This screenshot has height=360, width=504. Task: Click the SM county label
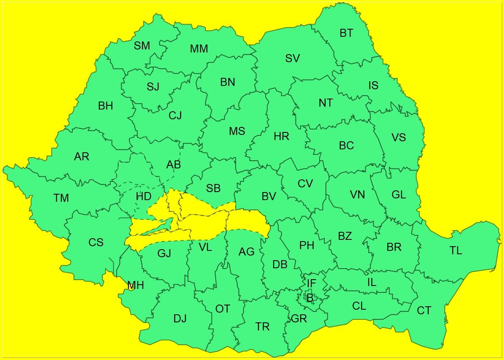point(142,46)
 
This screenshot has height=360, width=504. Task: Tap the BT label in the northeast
point(346,33)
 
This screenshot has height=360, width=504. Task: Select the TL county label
point(456,251)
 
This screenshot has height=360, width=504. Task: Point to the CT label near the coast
point(424,311)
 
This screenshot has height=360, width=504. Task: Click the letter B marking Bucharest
point(310,298)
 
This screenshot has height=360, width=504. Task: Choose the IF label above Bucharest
point(311,283)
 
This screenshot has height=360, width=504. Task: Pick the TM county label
point(61,198)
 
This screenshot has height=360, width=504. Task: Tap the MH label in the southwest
point(135,286)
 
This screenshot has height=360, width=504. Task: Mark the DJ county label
point(180,319)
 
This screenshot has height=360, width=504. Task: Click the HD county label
point(144,196)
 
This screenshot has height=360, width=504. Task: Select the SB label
point(214,188)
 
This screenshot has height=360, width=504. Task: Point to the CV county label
point(305,184)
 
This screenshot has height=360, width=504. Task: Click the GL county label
point(399,195)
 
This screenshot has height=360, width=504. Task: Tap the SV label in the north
point(292,58)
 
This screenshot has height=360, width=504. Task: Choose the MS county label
point(237,131)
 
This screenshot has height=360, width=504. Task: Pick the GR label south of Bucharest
point(299,319)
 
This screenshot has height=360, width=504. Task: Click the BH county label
point(105,106)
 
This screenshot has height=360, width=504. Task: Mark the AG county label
point(247,252)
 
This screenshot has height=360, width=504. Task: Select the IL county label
point(372,282)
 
